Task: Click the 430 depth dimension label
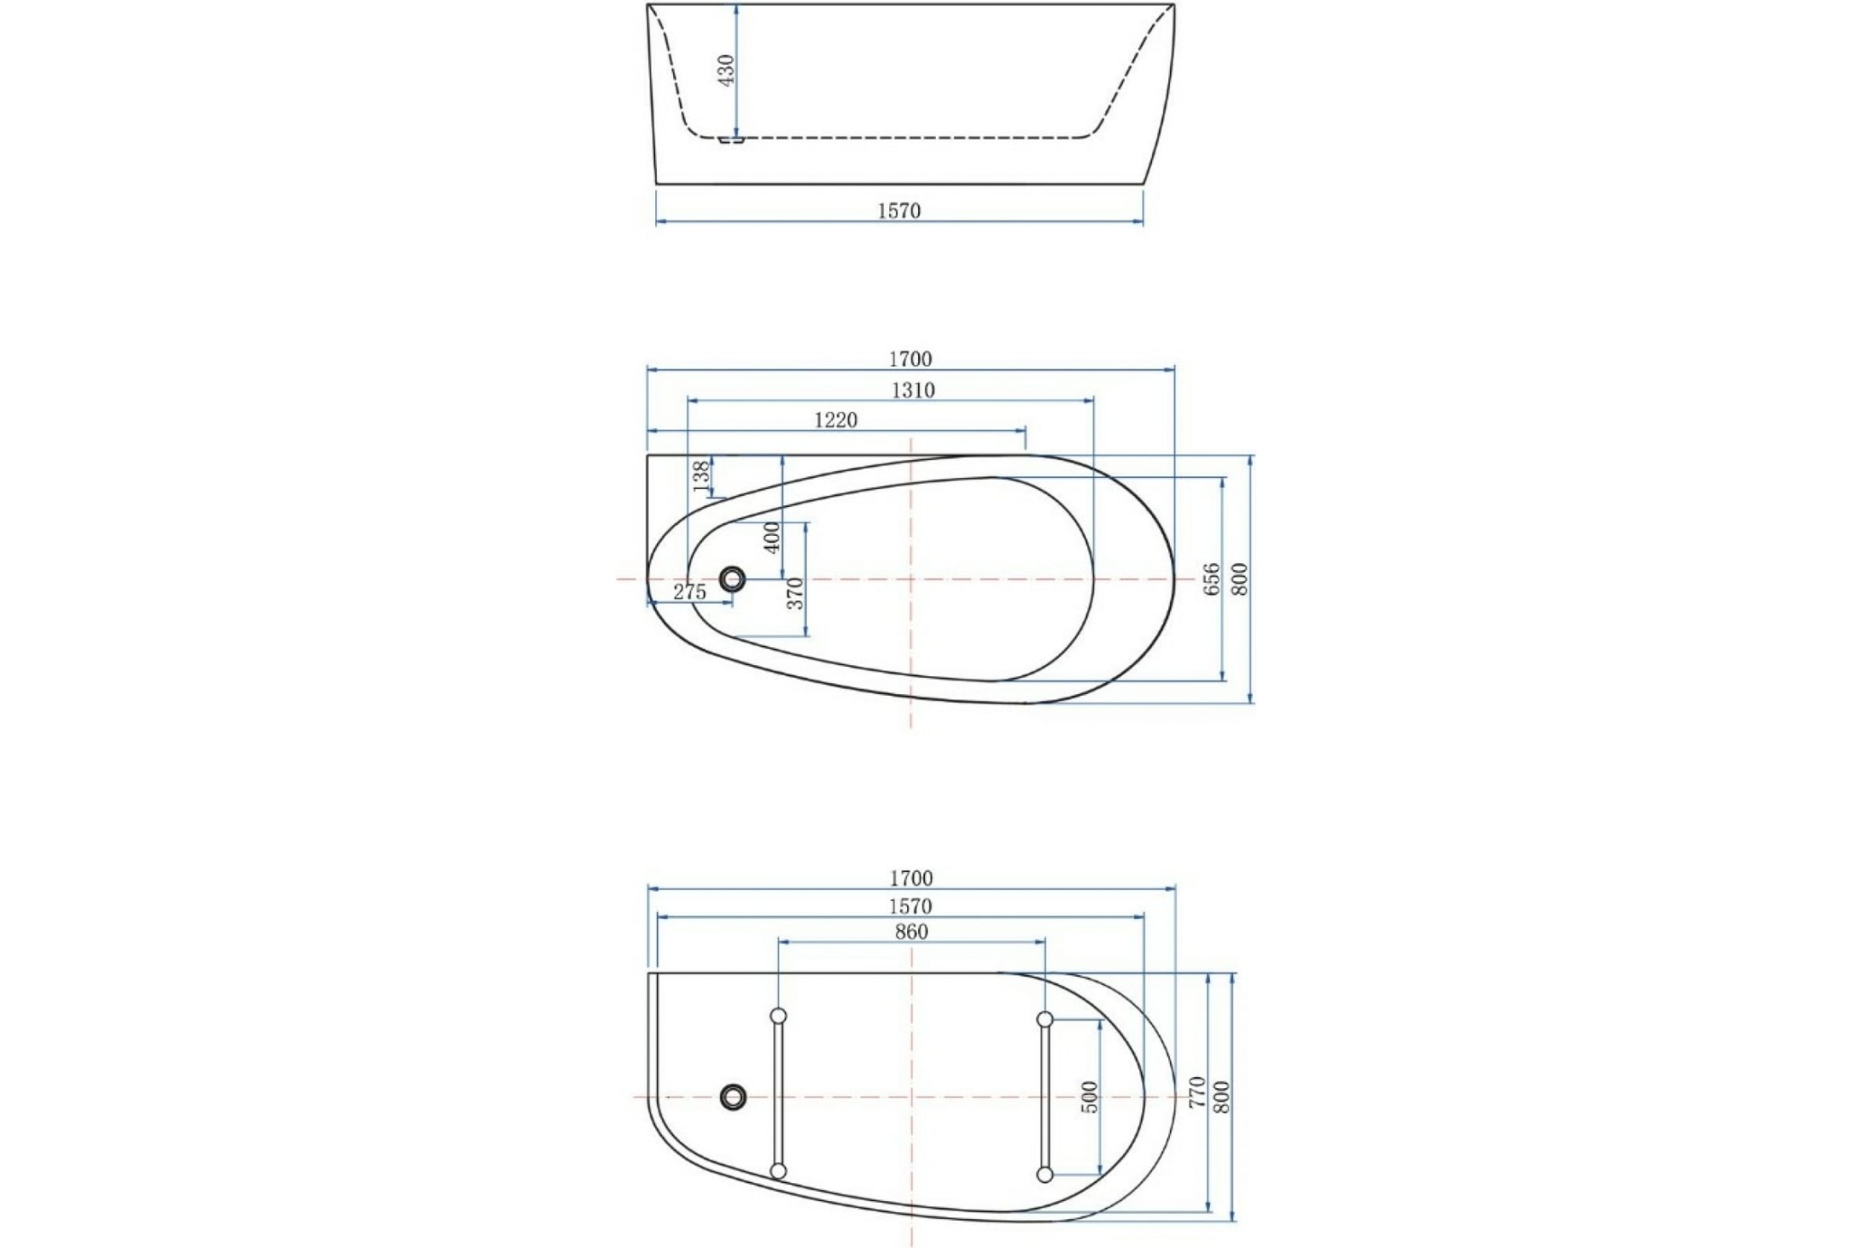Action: pyautogui.click(x=726, y=71)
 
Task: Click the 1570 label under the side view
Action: pyautogui.click(x=899, y=210)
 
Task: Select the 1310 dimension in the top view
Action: pyautogui.click(x=913, y=390)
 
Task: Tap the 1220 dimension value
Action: pyautogui.click(x=836, y=419)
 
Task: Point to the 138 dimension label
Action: pyautogui.click(x=702, y=476)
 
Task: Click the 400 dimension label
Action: pyautogui.click(x=773, y=538)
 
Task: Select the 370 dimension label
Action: pyautogui.click(x=795, y=593)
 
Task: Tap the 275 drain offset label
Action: pyautogui.click(x=689, y=592)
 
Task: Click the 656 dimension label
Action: pyautogui.click(x=1213, y=578)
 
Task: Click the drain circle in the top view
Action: pyautogui.click(x=732, y=579)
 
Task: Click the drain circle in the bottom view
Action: pyautogui.click(x=733, y=1097)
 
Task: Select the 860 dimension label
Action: pyautogui.click(x=911, y=932)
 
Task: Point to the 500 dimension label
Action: pyautogui.click(x=1091, y=1097)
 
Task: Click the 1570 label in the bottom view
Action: pyautogui.click(x=910, y=907)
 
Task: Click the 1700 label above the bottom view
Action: pyautogui.click(x=911, y=878)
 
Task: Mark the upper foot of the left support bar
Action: pyautogui.click(x=778, y=1016)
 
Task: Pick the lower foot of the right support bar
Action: pyautogui.click(x=1046, y=1175)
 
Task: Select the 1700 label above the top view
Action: pyautogui.click(x=910, y=359)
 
